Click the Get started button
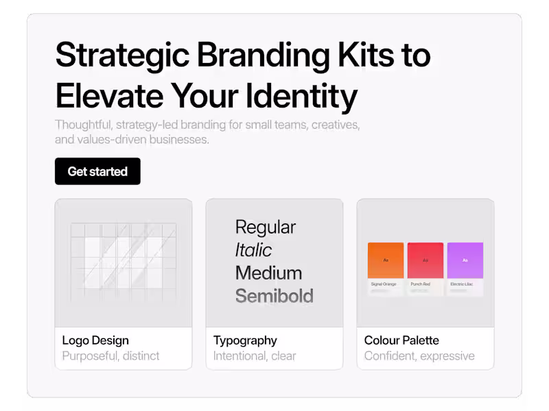pos(97,171)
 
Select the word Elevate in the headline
pos(108,95)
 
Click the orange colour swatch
pos(386,260)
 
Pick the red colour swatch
pos(425,260)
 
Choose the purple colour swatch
pos(465,260)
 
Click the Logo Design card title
pos(95,340)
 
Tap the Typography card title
pos(245,340)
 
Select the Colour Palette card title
pos(401,340)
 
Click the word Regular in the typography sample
pos(266,227)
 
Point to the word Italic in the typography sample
pos(253,250)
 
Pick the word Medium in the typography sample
pos(268,273)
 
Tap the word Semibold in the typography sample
pos(274,296)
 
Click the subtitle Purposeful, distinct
pos(110,356)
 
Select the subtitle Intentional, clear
pos(255,356)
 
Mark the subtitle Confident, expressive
pos(419,356)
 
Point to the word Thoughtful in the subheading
pos(84,125)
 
